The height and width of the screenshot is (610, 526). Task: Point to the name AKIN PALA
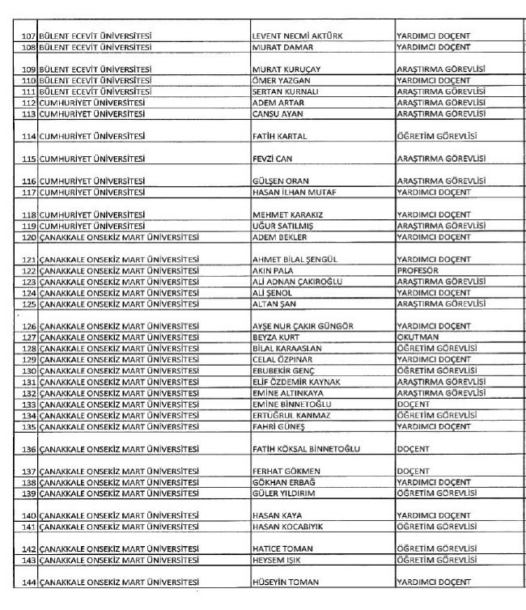(x=275, y=270)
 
